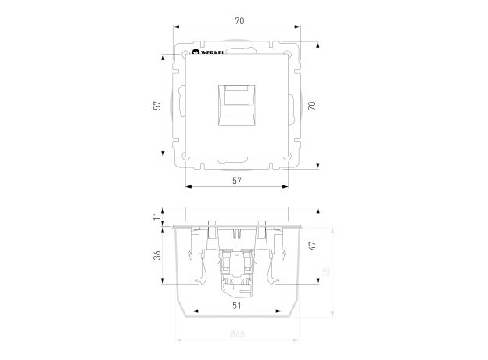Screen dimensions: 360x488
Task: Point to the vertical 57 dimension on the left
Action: (x=156, y=105)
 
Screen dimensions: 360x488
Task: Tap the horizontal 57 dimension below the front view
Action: (x=237, y=181)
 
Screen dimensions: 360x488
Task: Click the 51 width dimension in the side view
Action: (x=237, y=306)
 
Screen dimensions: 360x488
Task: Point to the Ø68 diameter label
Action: (x=237, y=335)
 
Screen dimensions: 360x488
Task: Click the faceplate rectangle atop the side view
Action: (x=237, y=214)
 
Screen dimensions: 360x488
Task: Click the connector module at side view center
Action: (x=237, y=270)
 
